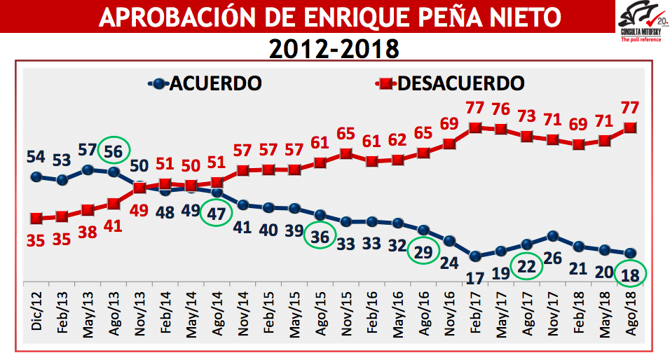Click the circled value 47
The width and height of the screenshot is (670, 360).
[x=217, y=214]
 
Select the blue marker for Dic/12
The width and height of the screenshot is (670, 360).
[x=36, y=176]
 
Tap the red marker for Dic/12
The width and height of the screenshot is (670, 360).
[x=36, y=218]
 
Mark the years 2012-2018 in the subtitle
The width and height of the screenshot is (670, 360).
[x=334, y=48]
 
